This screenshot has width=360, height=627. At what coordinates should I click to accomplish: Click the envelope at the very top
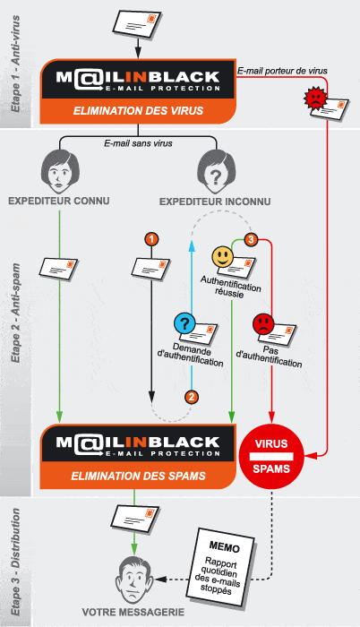(x=137, y=24)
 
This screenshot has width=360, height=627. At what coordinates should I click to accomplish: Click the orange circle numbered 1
(x=151, y=239)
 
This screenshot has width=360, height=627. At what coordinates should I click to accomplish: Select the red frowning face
(x=262, y=322)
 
